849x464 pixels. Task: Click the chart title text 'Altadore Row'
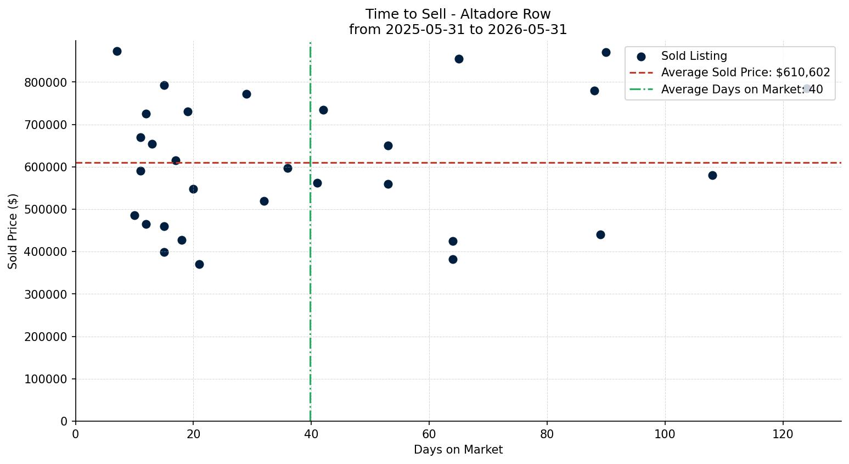pyautogui.click(x=505, y=14)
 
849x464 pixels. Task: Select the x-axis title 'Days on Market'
pyautogui.click(x=458, y=450)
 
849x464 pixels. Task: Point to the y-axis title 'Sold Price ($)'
pyautogui.click(x=13, y=231)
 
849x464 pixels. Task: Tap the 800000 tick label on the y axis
pyautogui.click(x=46, y=82)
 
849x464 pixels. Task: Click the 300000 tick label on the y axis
pyautogui.click(x=46, y=294)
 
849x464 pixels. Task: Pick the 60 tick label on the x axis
pyautogui.click(x=429, y=434)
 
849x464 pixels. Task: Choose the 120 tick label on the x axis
pyautogui.click(x=783, y=434)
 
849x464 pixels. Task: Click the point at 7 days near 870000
pyautogui.click(x=117, y=51)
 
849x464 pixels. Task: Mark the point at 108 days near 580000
pyautogui.click(x=712, y=175)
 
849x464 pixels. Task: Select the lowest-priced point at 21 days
pyautogui.click(x=199, y=264)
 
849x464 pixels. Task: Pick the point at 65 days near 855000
pyautogui.click(x=459, y=59)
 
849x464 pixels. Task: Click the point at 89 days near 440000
pyautogui.click(x=600, y=234)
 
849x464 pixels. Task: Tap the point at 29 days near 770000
pyautogui.click(x=246, y=94)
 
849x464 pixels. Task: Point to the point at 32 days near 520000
pyautogui.click(x=264, y=201)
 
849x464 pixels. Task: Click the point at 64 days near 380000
pyautogui.click(x=453, y=259)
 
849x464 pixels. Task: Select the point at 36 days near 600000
pyautogui.click(x=288, y=168)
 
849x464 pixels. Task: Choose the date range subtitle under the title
pyautogui.click(x=458, y=30)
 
